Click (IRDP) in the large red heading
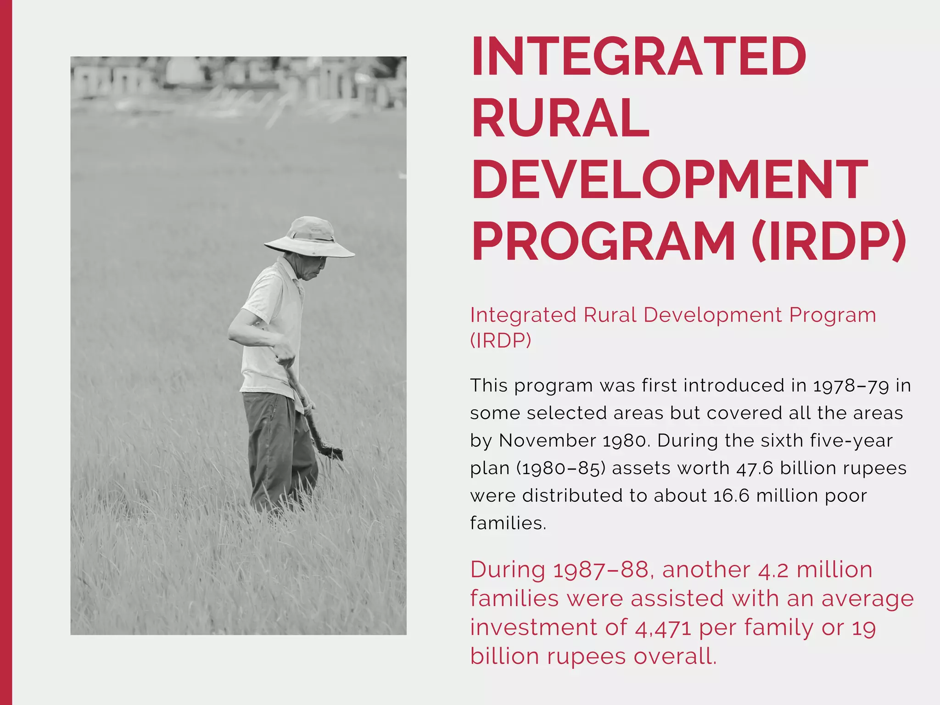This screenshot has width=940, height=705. (x=828, y=241)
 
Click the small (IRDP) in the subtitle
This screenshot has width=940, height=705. (x=500, y=341)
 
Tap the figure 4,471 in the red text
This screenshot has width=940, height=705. (x=663, y=628)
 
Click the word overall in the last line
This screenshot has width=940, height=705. (x=675, y=656)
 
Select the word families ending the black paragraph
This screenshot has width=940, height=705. (x=508, y=523)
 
